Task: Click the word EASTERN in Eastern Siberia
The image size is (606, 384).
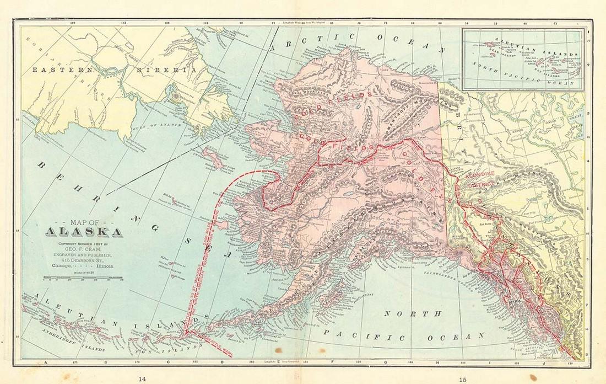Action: (55, 70)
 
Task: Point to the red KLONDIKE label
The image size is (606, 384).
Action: (483, 176)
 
